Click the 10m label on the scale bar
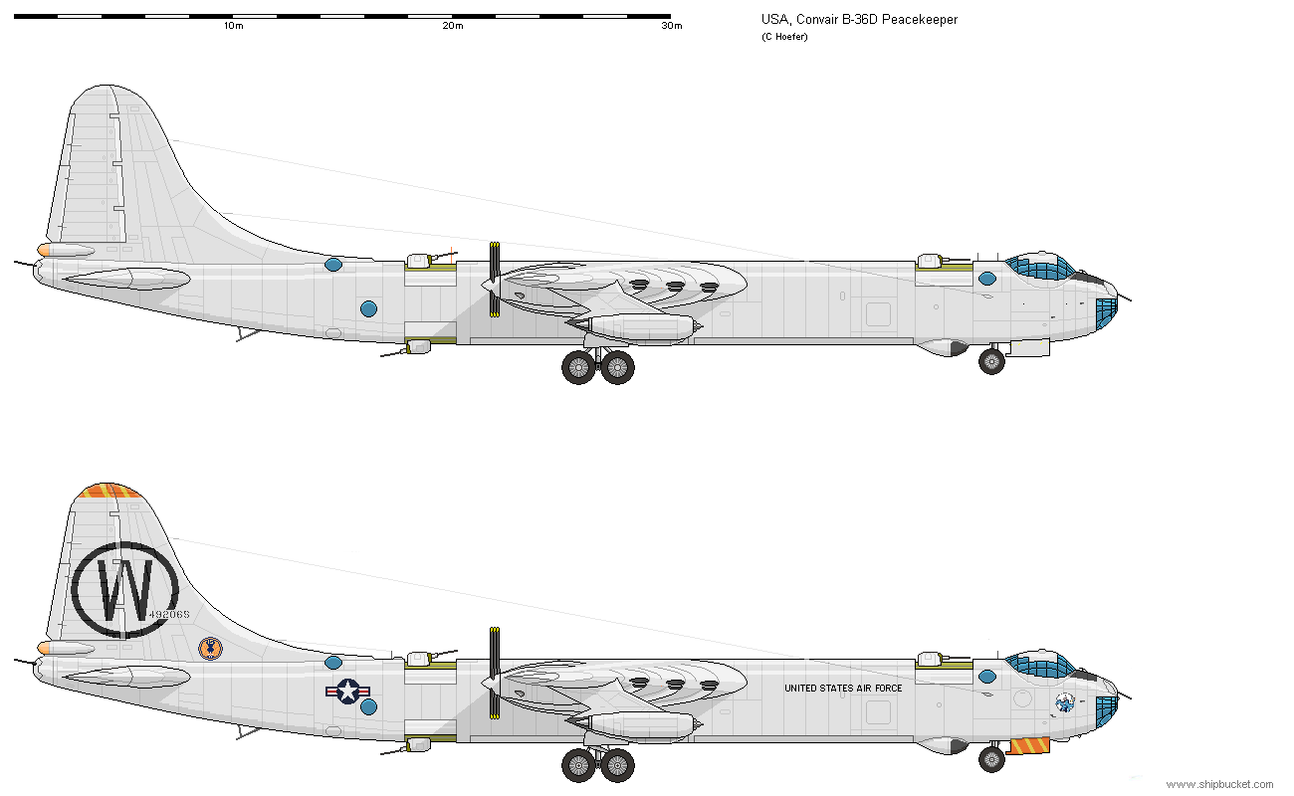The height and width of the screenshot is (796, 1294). (x=233, y=26)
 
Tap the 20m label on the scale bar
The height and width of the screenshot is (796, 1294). (x=452, y=26)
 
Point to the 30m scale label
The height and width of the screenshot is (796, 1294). (x=672, y=26)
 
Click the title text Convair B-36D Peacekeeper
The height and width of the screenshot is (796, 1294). (x=859, y=20)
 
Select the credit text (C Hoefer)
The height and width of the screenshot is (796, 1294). (x=786, y=37)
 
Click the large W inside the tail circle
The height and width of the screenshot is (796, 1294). (x=124, y=590)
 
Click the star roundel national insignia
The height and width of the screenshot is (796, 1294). (x=347, y=691)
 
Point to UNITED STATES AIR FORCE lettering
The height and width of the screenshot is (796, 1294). (x=843, y=689)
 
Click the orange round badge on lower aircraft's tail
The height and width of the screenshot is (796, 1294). (x=210, y=649)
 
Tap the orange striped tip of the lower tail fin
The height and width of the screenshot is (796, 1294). (x=109, y=491)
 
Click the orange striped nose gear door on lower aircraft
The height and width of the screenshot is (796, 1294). (x=1029, y=745)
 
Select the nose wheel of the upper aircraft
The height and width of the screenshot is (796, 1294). (x=991, y=361)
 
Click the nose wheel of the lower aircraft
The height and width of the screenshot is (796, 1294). (x=991, y=759)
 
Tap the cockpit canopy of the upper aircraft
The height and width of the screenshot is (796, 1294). (x=1042, y=267)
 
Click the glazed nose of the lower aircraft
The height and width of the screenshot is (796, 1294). (x=1105, y=708)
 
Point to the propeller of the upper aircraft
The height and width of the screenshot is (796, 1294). (x=494, y=280)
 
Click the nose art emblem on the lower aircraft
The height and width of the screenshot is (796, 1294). (x=1064, y=701)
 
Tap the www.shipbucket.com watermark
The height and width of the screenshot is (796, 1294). (x=1218, y=784)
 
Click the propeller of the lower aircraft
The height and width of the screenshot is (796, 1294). (x=494, y=674)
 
